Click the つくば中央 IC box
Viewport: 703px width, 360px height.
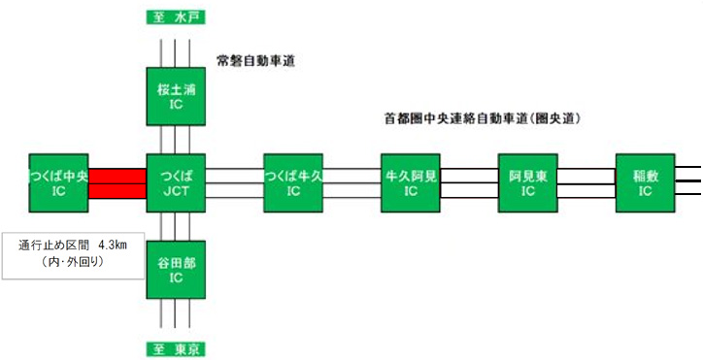click(x=58, y=182)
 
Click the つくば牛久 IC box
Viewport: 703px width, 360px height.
click(x=293, y=182)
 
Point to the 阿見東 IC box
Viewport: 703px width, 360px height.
click(x=527, y=182)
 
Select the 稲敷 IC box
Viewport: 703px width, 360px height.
click(x=645, y=182)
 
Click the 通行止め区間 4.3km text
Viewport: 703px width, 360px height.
click(x=74, y=244)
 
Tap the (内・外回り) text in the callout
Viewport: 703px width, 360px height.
click(x=74, y=261)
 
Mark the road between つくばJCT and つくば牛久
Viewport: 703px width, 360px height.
click(x=234, y=182)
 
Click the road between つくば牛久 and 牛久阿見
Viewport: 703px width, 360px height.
click(x=351, y=182)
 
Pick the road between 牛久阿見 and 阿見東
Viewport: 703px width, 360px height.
click(x=469, y=182)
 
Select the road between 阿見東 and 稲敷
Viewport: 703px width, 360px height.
click(x=586, y=182)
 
